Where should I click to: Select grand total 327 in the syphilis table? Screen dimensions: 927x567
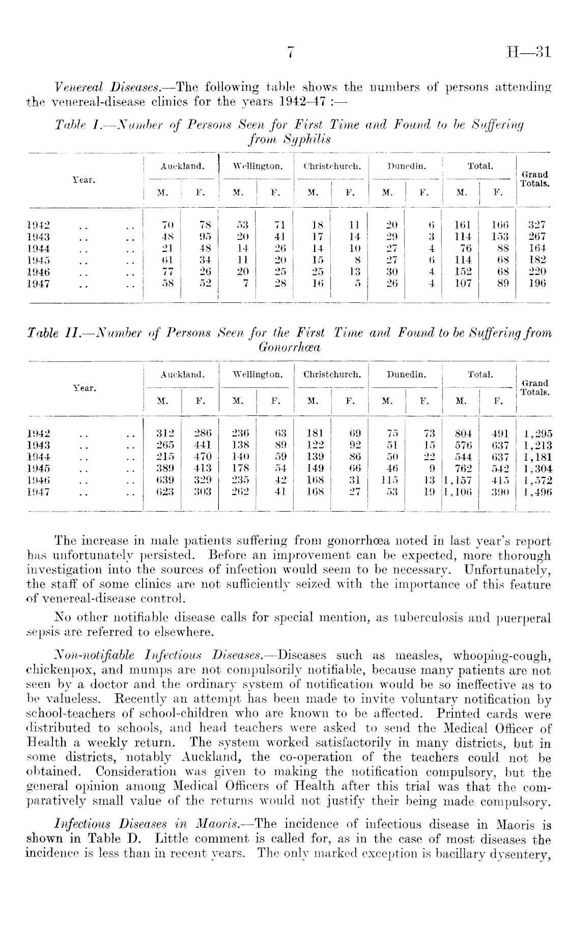pyautogui.click(x=536, y=224)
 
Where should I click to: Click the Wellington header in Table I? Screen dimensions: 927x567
pyautogui.click(x=257, y=166)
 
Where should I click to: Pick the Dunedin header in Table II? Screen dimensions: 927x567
pyautogui.click(x=406, y=375)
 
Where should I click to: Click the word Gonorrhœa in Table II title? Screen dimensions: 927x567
pyautogui.click(x=293, y=347)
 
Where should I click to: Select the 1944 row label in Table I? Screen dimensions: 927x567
pyautogui.click(x=38, y=249)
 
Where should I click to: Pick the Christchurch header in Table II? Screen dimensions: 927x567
pyautogui.click(x=332, y=375)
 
